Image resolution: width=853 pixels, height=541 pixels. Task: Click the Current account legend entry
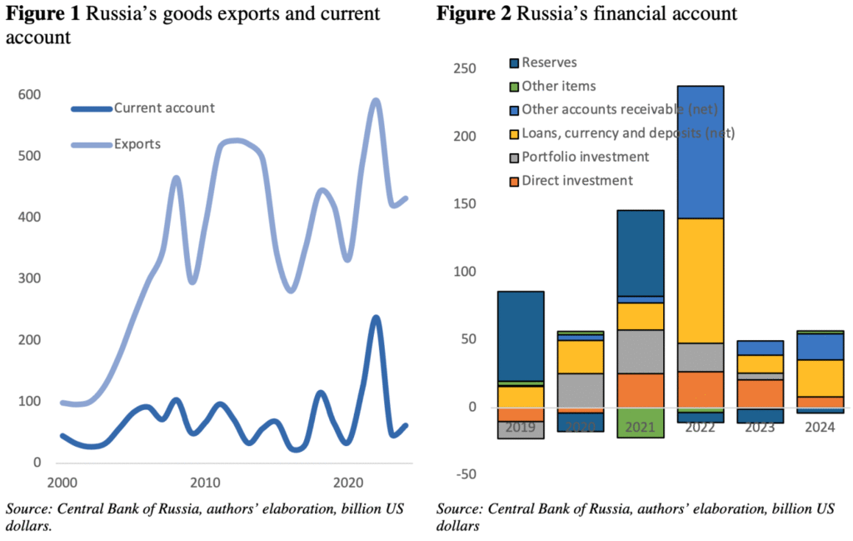point(164,108)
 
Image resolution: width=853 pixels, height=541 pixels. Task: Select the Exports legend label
point(137,143)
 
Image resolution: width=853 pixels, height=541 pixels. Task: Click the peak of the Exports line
point(375,101)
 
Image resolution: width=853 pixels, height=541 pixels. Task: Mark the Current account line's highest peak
point(376,318)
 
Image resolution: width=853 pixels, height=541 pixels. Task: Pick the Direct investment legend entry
point(577,180)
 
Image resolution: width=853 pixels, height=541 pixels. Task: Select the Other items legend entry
point(558,86)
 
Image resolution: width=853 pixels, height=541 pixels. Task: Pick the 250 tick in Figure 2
point(464,68)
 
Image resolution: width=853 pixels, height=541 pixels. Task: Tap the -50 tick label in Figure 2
point(464,475)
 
